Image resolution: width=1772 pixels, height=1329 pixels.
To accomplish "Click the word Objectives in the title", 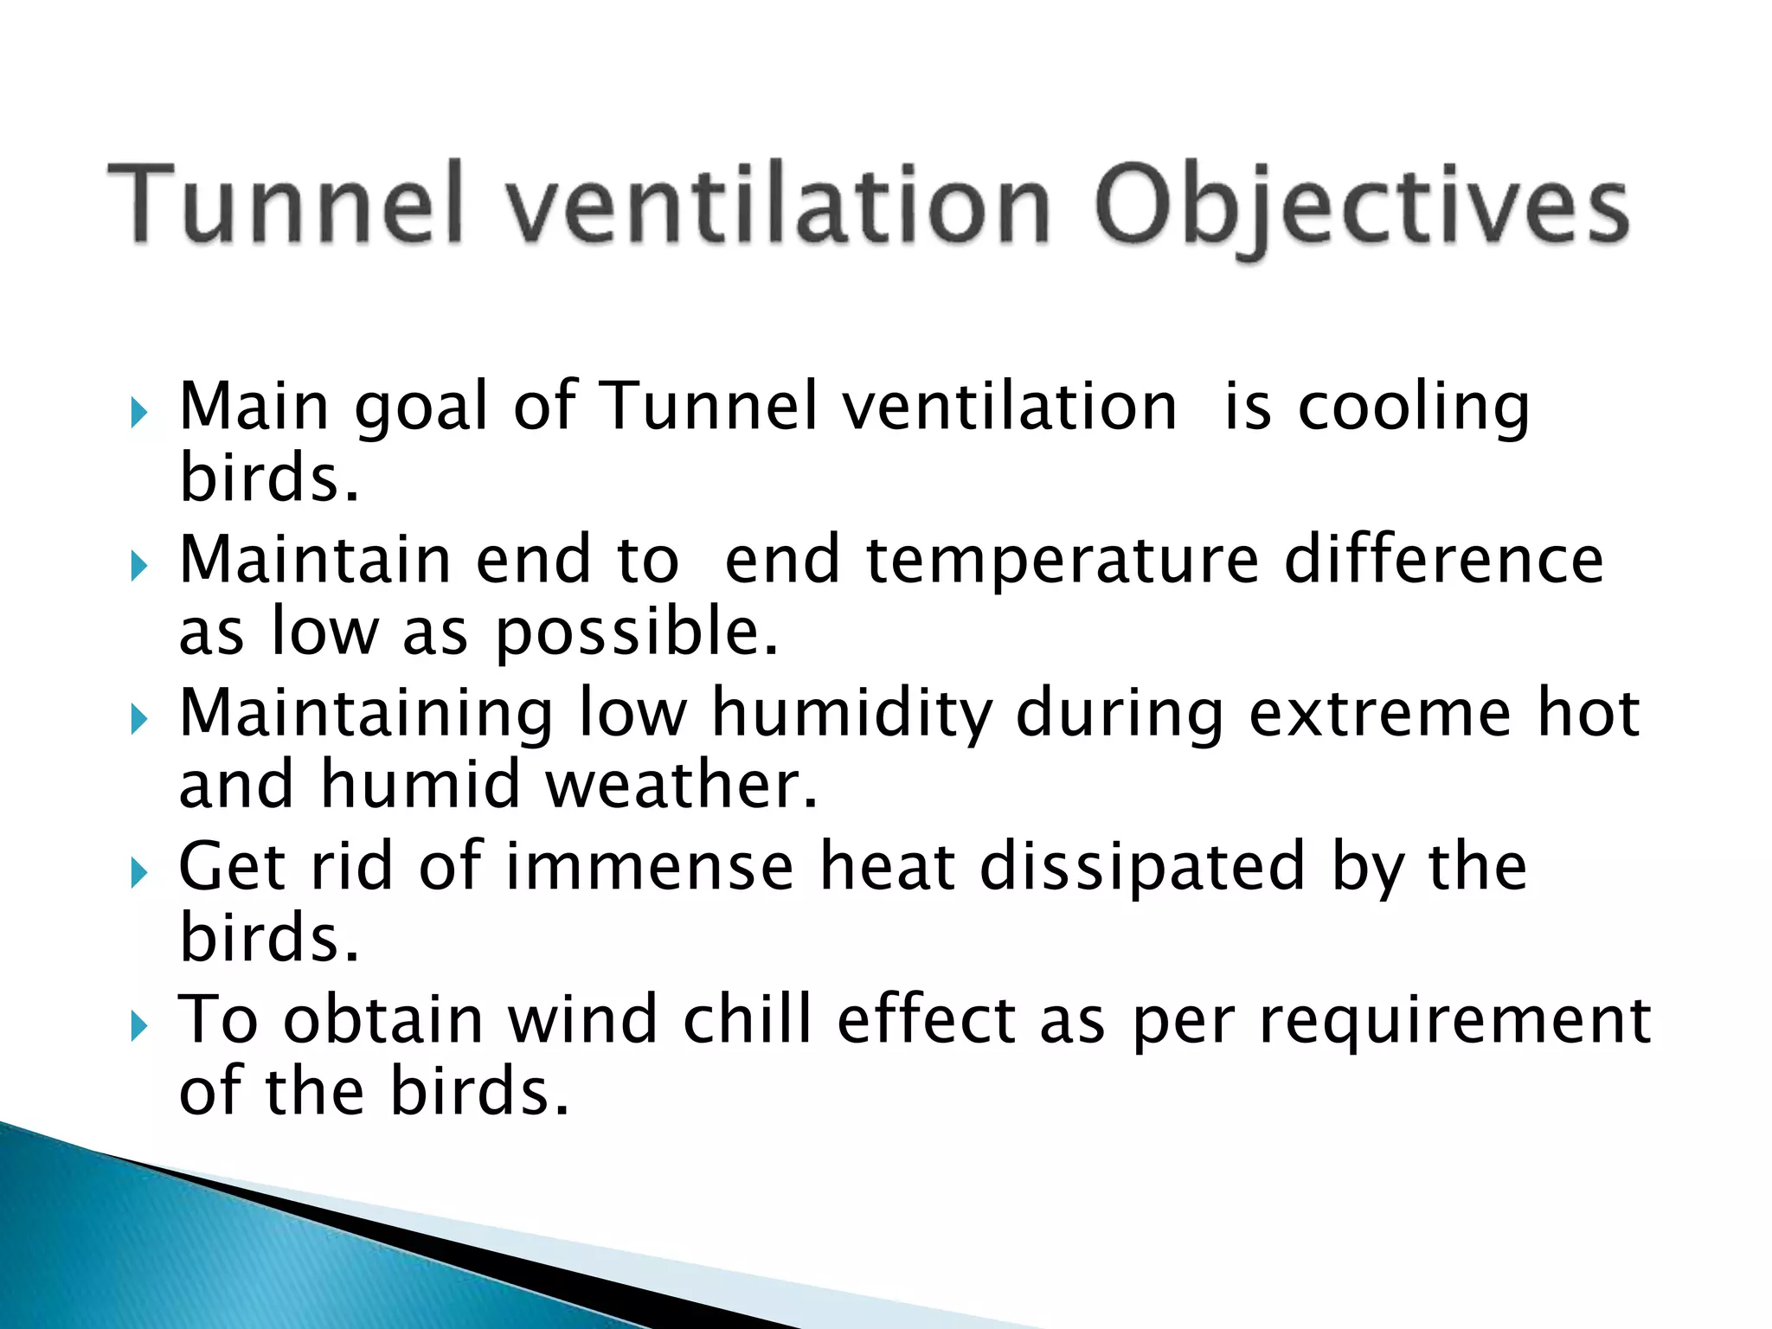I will coord(1362,208).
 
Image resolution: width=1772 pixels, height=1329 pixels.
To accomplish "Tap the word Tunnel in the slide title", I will coord(286,202).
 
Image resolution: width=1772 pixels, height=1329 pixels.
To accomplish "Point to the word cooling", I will coord(1414,408).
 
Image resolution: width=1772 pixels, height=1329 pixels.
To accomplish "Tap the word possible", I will coord(636,632).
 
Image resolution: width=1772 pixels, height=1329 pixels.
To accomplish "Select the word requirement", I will coord(1454,1021).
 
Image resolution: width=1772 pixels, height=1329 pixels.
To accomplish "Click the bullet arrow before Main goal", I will coord(139,414).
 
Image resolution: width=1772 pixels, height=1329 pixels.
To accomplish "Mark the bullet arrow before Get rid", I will coord(139,873).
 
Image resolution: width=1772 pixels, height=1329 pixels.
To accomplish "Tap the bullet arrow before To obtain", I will coord(139,1027).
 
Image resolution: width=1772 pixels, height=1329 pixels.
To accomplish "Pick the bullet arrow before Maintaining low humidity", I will coord(139,720).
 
